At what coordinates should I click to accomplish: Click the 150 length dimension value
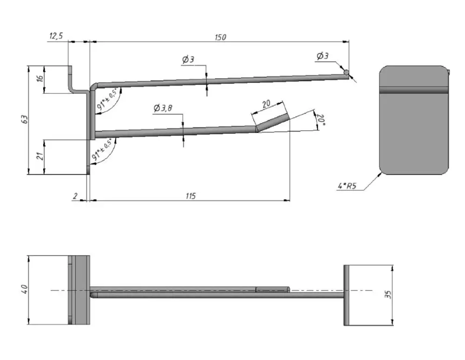[x=220, y=37]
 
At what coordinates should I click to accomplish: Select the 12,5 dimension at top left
[x=55, y=36]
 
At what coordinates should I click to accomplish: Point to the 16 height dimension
[x=40, y=80]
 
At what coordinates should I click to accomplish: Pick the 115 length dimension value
[x=190, y=196]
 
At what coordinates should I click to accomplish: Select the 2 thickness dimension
[x=74, y=196]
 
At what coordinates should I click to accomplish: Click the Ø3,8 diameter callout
[x=163, y=108]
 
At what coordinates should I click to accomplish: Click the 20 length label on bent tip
[x=266, y=105]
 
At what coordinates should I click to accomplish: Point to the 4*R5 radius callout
[x=347, y=187]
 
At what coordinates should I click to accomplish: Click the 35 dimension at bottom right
[x=389, y=294]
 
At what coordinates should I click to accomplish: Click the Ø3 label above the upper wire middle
[x=188, y=60]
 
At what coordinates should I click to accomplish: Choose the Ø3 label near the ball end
[x=322, y=56]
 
